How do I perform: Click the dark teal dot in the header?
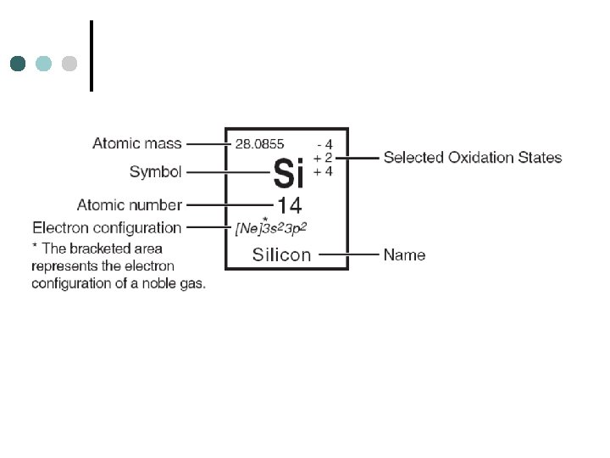[x=18, y=64]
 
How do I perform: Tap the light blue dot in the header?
[x=44, y=64]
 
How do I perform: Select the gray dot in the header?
[x=69, y=64]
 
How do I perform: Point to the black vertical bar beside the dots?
[x=91, y=55]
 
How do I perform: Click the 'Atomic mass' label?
[x=137, y=143]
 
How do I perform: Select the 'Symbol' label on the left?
[x=156, y=172]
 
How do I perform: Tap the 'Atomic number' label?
[x=130, y=204]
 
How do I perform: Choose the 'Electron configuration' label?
[x=107, y=227]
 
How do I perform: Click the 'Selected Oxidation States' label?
[x=473, y=157]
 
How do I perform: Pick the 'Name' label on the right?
[x=404, y=254]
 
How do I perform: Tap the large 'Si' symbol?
[x=288, y=174]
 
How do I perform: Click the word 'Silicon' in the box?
[x=281, y=254]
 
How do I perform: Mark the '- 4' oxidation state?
[x=324, y=144]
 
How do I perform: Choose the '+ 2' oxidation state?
[x=323, y=158]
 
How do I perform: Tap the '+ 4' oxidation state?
[x=323, y=171]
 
